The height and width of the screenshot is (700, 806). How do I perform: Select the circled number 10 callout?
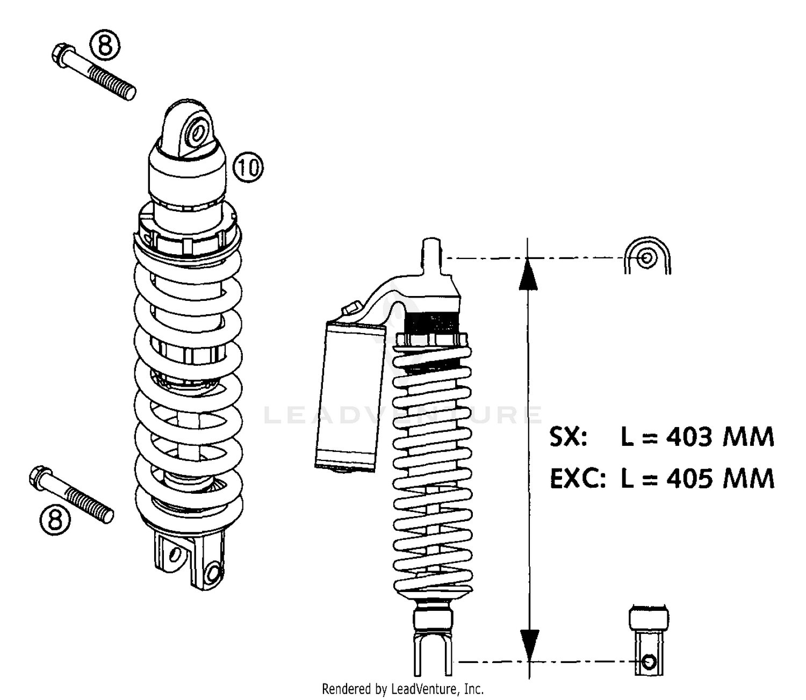pyautogui.click(x=248, y=168)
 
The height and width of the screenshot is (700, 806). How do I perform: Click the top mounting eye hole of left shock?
pyautogui.click(x=198, y=132)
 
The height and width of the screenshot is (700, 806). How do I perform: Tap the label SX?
pyautogui.click(x=568, y=437)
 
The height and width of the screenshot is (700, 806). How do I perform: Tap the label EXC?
pyautogui.click(x=577, y=478)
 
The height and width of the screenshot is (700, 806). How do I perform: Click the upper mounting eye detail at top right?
pyautogui.click(x=647, y=257)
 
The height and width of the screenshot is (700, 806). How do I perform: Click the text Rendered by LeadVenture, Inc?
pyautogui.click(x=402, y=689)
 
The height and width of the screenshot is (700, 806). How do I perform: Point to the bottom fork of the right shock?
pyautogui.click(x=433, y=653)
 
